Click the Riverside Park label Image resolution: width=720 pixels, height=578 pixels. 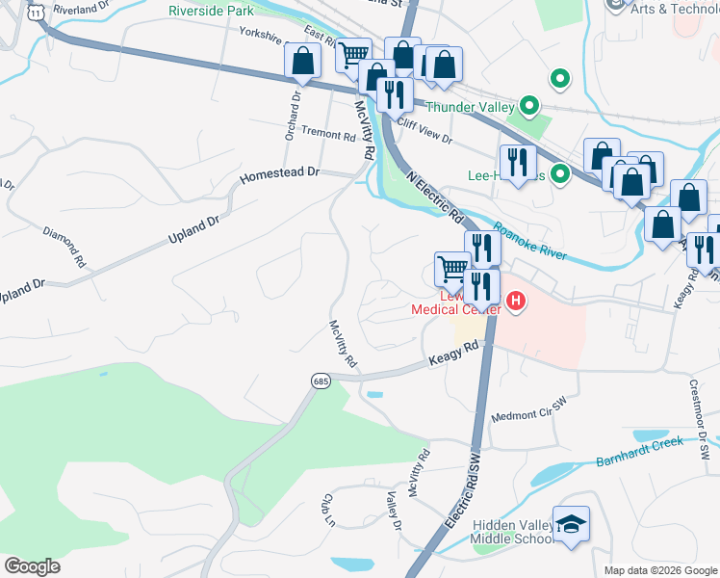pyautogui.click(x=211, y=11)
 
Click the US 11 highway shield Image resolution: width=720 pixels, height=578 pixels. pyautogui.click(x=36, y=11)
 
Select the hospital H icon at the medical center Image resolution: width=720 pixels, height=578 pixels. pyautogui.click(x=517, y=302)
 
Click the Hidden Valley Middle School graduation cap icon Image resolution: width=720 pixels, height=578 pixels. pyautogui.click(x=571, y=524)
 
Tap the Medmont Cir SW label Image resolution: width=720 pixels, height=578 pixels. pyautogui.click(x=529, y=410)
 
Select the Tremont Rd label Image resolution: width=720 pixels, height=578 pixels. pyautogui.click(x=328, y=136)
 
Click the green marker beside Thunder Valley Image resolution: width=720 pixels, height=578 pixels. pyautogui.click(x=528, y=106)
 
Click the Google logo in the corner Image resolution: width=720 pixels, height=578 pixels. pyautogui.click(x=32, y=566)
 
